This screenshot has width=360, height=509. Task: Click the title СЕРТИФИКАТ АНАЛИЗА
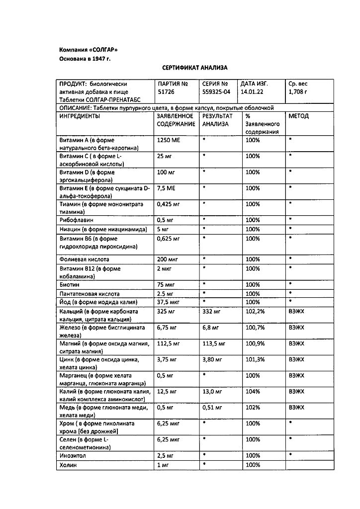[x=194, y=67]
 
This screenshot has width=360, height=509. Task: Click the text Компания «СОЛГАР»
[x=89, y=50]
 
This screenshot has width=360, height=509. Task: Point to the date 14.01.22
[x=253, y=92]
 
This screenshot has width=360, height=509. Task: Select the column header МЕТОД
[x=298, y=116]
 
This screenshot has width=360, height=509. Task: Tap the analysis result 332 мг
[x=211, y=312]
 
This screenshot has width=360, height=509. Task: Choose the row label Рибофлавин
[x=76, y=220]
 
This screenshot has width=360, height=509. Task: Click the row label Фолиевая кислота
[x=84, y=259]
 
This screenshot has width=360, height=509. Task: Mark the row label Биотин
[x=70, y=285]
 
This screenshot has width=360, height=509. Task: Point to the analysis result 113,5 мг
[x=214, y=343]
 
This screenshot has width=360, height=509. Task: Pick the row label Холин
[x=69, y=465]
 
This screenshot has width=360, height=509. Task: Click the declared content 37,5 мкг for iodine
[x=168, y=302]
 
